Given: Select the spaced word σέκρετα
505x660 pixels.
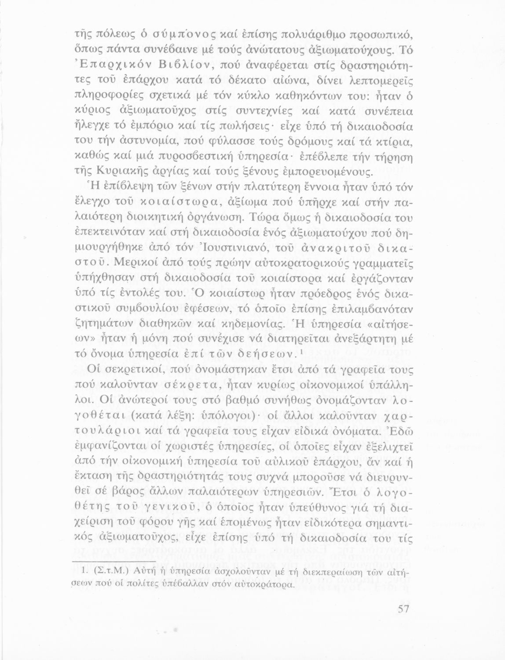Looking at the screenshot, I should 183,385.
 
